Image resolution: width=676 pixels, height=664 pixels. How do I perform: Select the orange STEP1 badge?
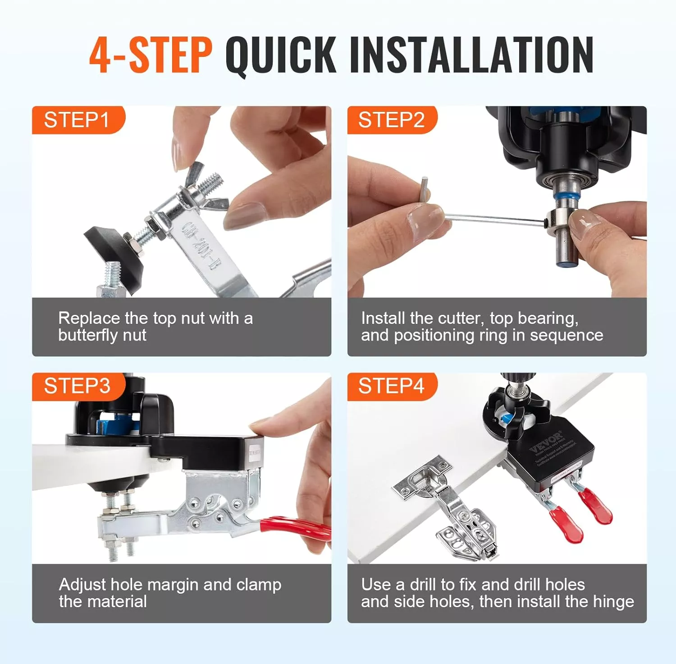coord(77,120)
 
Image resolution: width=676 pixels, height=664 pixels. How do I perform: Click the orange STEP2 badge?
coord(391,120)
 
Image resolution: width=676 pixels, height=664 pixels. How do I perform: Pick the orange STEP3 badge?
coord(77,386)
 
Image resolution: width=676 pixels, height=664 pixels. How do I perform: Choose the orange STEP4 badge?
coord(391,386)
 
